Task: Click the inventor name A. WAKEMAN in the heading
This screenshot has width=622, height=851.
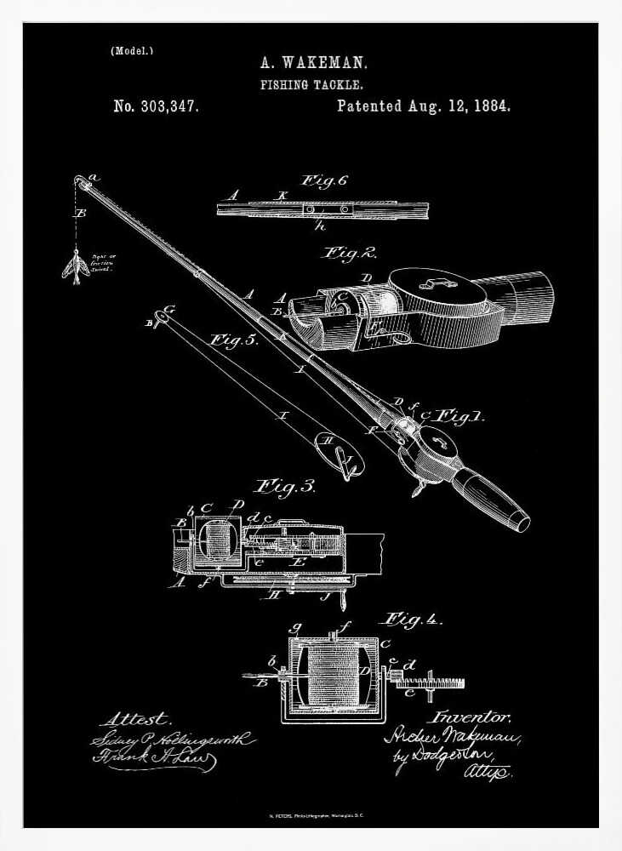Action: click(313, 63)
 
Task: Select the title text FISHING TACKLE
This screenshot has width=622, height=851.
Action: click(312, 85)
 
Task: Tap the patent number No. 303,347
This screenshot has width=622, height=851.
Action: click(157, 107)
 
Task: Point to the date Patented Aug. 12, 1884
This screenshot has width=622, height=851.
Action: click(423, 106)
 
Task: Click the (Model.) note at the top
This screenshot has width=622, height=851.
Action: click(132, 51)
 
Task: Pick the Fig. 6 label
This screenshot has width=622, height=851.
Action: click(323, 180)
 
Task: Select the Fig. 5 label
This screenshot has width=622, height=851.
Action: click(234, 340)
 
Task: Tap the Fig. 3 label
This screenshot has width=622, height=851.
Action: click(286, 487)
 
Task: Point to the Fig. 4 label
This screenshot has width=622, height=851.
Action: click(414, 619)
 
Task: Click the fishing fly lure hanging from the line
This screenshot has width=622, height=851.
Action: click(73, 266)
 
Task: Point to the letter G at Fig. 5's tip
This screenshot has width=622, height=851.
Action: click(168, 310)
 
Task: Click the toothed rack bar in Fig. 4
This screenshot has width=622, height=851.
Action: click(430, 683)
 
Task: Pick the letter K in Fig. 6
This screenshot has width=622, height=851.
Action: click(283, 196)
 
